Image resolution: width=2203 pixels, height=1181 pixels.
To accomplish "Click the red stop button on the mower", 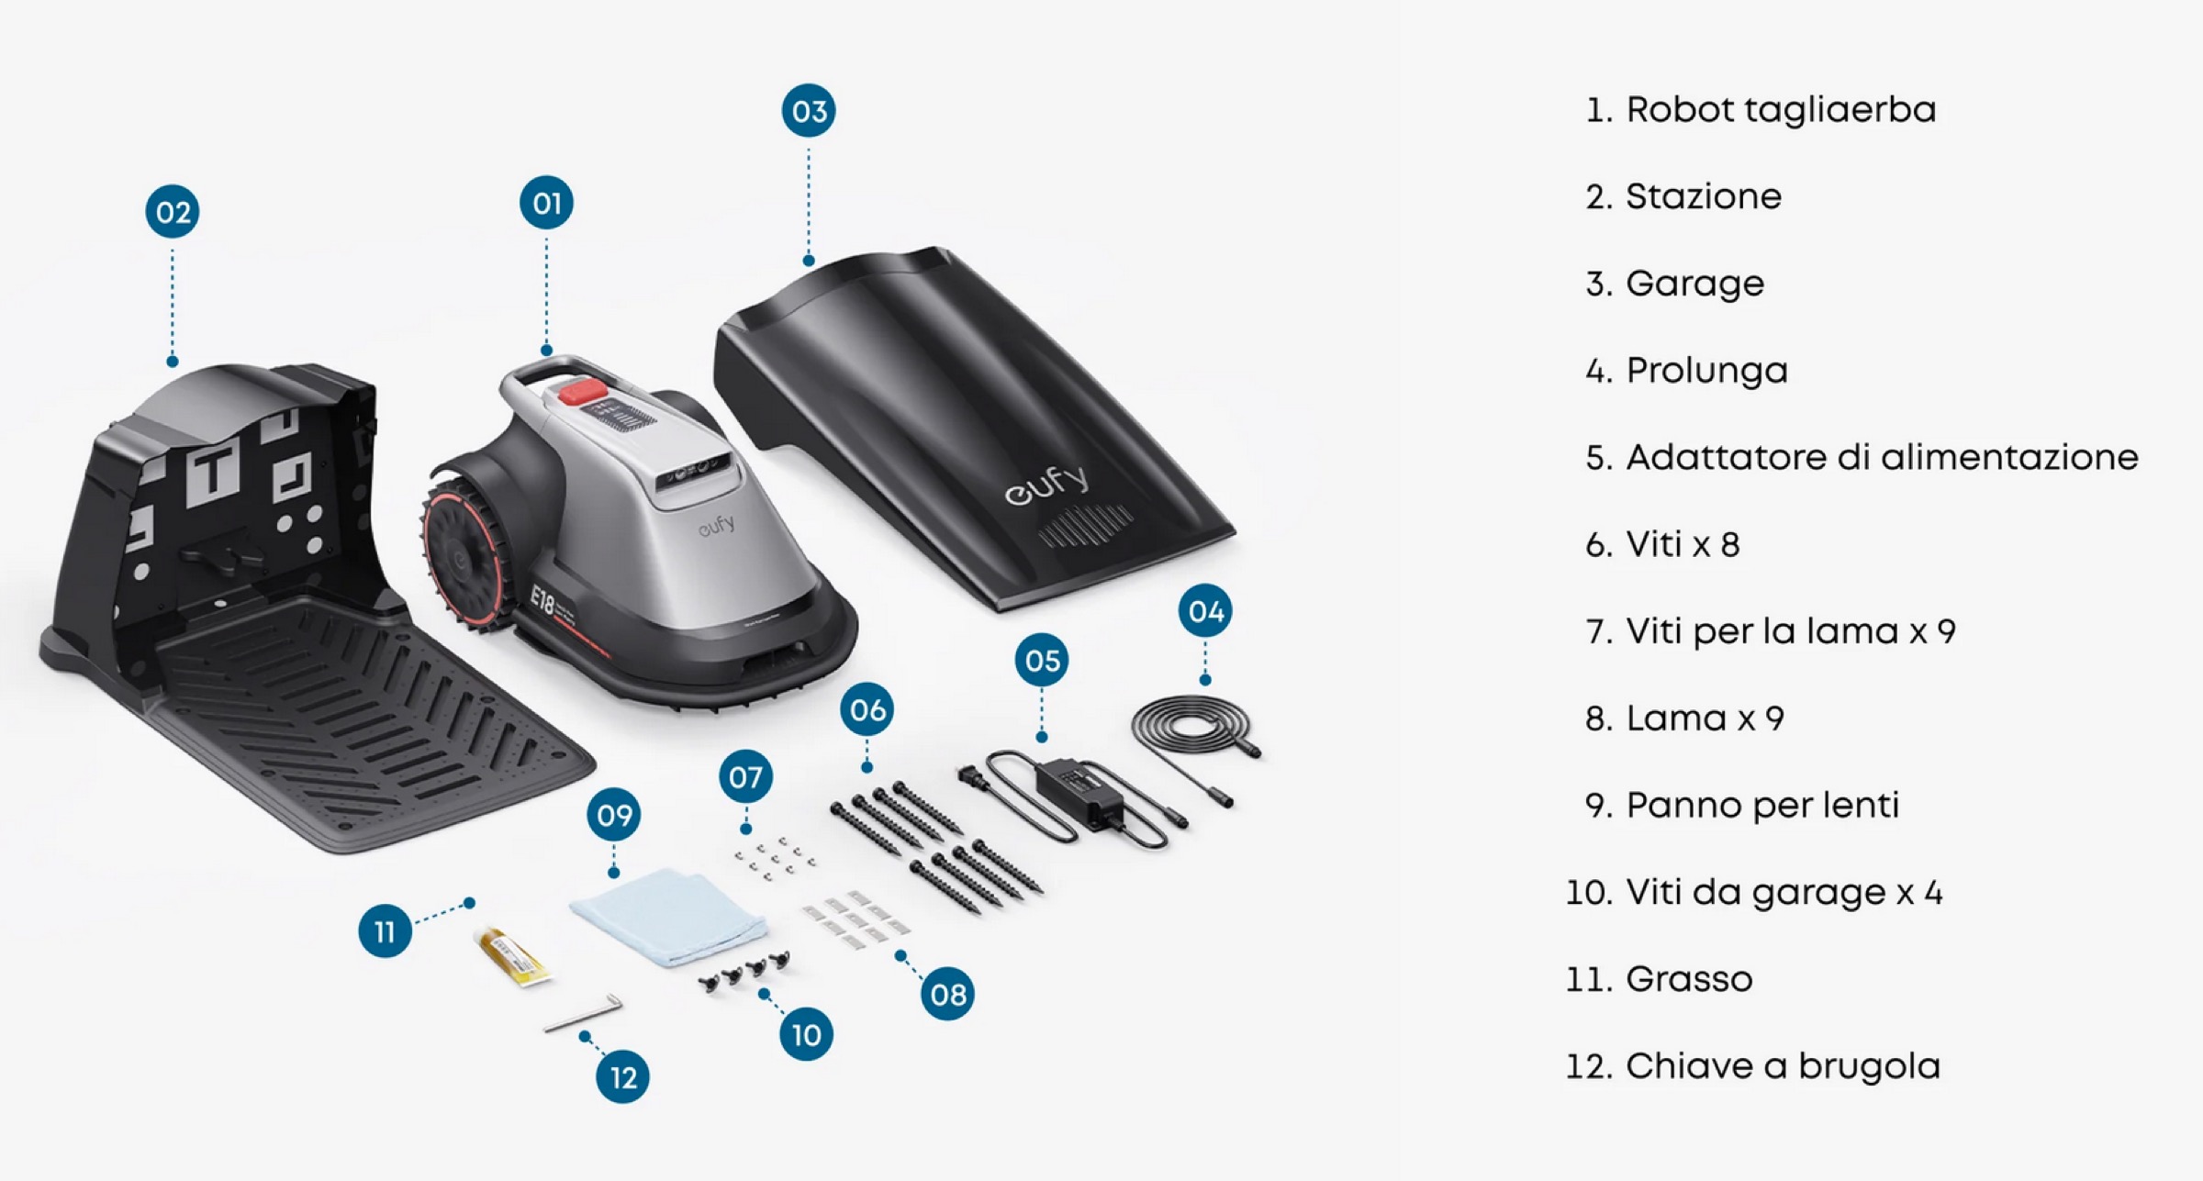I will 583,392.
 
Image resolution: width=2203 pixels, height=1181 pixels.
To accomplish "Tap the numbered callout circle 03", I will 809,111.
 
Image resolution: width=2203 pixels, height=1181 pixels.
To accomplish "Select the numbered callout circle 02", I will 173,212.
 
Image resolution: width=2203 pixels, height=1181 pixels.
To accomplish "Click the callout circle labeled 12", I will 622,1076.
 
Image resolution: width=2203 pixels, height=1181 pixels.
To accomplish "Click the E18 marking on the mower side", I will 543,601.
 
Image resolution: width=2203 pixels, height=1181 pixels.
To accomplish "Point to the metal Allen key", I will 584,1013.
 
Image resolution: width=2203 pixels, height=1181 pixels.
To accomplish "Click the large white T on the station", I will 214,472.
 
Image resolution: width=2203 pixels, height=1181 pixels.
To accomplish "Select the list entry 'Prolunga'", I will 1705,371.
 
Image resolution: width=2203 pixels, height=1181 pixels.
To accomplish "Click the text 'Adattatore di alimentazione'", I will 1881,457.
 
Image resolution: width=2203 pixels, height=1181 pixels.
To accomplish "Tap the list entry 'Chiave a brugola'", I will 1782,1066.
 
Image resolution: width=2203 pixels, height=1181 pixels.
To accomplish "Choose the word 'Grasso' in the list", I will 1688,979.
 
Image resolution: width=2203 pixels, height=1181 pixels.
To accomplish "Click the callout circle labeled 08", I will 947,994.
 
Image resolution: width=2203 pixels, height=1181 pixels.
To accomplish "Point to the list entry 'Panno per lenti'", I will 1761,806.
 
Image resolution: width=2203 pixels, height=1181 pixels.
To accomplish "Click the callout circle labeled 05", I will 1042,660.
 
